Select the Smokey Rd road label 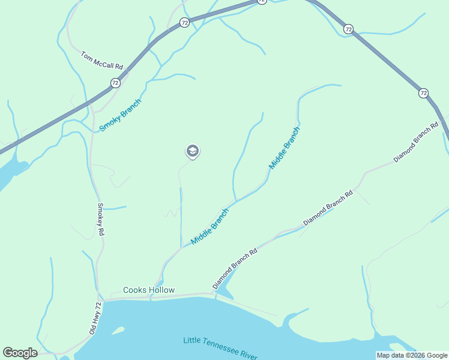point(101,218)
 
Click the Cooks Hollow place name point(149,290)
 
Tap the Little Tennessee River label point(221,349)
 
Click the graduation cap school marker point(192,151)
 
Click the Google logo point(20,353)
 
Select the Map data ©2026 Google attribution point(411,355)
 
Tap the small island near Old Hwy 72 point(118,331)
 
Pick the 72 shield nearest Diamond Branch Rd point(424,93)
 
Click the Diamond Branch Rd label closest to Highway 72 point(416,142)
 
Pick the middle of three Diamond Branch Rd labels point(328,208)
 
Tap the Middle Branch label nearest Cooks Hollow point(209,226)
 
